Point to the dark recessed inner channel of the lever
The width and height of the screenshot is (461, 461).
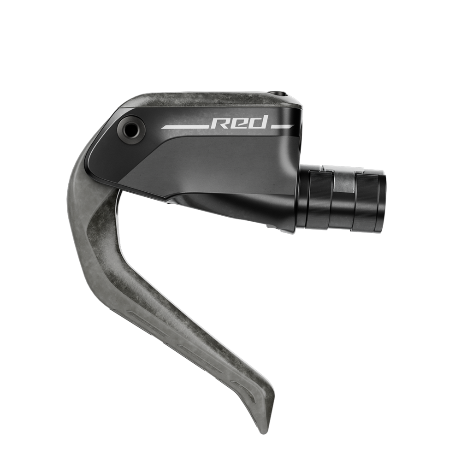point(101,240)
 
